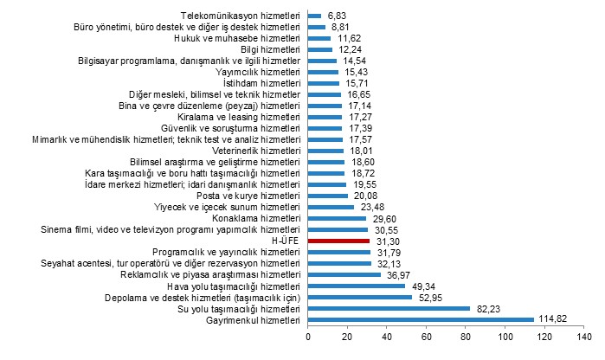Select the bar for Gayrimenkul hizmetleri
[x=421, y=319]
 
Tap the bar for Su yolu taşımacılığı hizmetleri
[x=389, y=308]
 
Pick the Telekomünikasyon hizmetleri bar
[x=314, y=16]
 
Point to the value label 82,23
[x=486, y=308]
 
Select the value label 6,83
[x=335, y=16]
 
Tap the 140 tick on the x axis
[x=584, y=336]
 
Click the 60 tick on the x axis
[x=427, y=336]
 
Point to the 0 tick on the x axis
[x=308, y=336]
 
